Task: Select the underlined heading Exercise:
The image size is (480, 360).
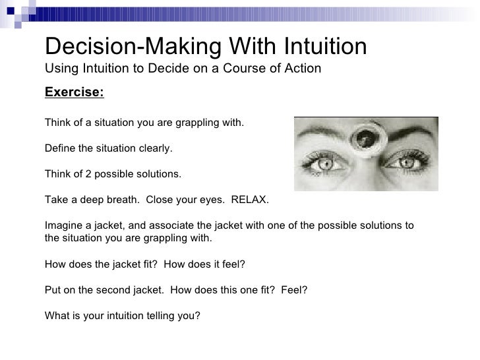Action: click(x=74, y=92)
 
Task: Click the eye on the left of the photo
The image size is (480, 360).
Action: click(x=319, y=161)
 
